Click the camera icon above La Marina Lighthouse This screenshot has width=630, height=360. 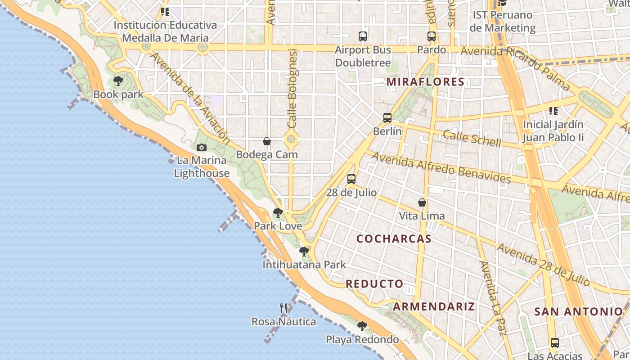click(x=202, y=147)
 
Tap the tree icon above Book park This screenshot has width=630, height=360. click(x=118, y=81)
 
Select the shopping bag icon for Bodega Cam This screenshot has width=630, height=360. click(x=267, y=141)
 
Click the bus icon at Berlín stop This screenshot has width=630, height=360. click(x=387, y=118)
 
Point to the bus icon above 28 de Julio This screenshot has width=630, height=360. click(x=351, y=179)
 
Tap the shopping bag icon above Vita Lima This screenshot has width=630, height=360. click(x=422, y=202)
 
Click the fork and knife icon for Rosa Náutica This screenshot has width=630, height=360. click(x=283, y=308)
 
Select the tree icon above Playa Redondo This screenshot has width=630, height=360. click(x=362, y=326)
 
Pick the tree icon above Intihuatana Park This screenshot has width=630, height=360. click(x=304, y=251)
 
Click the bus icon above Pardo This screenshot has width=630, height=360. click(x=432, y=36)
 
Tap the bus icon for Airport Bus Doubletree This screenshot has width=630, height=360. click(x=363, y=36)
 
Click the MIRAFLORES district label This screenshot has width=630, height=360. click(x=425, y=82)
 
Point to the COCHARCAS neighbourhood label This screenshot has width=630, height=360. click(x=394, y=239)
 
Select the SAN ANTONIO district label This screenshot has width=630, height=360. click(x=579, y=311)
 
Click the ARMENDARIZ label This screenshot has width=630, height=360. click(x=434, y=307)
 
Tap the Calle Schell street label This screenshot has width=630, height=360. click(x=472, y=139)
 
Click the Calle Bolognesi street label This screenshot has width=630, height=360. click(x=292, y=88)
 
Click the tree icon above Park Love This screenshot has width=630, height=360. click(x=278, y=212)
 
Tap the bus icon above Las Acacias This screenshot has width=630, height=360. click(x=555, y=343)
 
